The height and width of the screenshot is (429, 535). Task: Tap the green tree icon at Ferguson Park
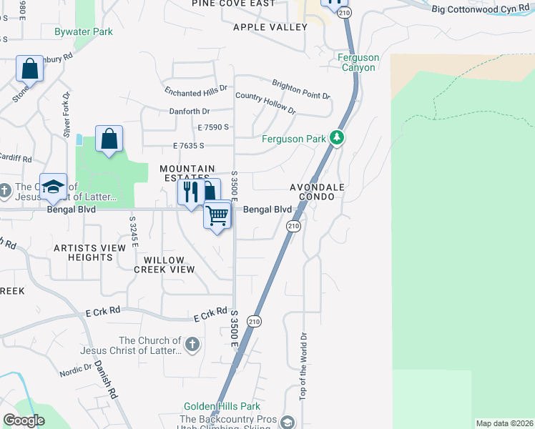click(337, 138)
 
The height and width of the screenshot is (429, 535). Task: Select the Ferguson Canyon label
click(359, 62)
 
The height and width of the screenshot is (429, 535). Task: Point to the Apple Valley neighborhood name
click(270, 27)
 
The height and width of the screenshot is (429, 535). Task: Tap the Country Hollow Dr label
click(265, 103)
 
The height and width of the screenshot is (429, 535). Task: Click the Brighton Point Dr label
click(300, 89)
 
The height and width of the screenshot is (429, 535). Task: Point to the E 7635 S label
click(189, 145)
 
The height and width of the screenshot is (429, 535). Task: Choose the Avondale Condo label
click(318, 192)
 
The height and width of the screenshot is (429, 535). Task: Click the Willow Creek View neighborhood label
click(165, 265)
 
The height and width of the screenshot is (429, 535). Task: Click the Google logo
click(24, 420)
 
